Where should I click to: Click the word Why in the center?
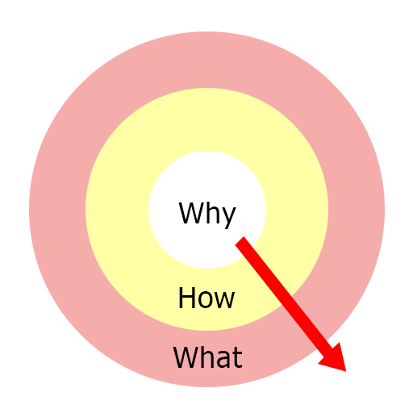pyautogui.click(x=207, y=215)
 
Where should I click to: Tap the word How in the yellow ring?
pyautogui.click(x=206, y=298)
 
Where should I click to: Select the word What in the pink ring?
pyautogui.click(x=208, y=357)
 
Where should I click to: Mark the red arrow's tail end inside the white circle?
pyautogui.click(x=240, y=240)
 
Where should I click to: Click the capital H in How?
pyautogui.click(x=187, y=298)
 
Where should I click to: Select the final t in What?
pyautogui.click(x=237, y=357)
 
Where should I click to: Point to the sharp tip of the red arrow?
pyautogui.click(x=346, y=371)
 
